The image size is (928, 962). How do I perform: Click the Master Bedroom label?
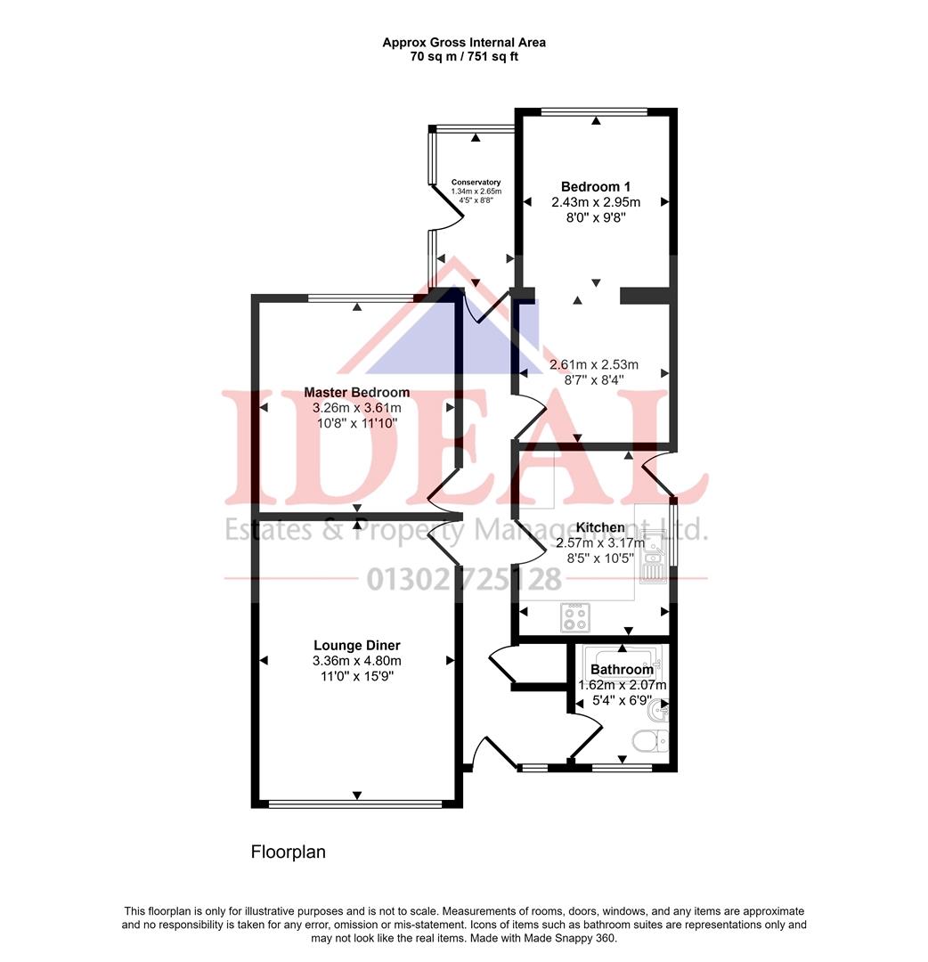click(x=356, y=392)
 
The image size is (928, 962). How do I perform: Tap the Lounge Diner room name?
click(x=356, y=645)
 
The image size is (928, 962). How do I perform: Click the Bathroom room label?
click(x=622, y=670)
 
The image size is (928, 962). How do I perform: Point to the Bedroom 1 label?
click(x=596, y=186)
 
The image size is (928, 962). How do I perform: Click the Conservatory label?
click(x=476, y=182)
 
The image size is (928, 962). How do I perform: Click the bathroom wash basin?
click(x=659, y=709)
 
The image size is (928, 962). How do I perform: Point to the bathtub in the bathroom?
click(x=622, y=659)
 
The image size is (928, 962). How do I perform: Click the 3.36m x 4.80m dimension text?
click(x=356, y=661)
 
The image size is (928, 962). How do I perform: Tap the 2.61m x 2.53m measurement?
click(x=594, y=364)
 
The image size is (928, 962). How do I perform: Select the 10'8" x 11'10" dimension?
click(x=356, y=423)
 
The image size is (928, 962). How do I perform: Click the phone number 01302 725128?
click(x=464, y=580)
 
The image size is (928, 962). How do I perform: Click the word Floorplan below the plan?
click(x=288, y=852)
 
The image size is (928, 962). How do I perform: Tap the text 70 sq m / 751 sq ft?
click(x=464, y=56)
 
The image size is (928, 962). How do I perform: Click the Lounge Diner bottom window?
click(x=356, y=803)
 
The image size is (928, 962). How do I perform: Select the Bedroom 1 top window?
click(x=594, y=111)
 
